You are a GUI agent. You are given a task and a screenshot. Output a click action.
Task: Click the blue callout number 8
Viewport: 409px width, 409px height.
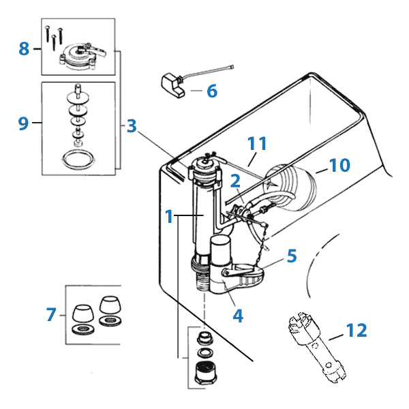(x=25, y=48)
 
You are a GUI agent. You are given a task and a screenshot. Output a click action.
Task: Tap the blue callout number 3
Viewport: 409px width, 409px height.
(x=132, y=125)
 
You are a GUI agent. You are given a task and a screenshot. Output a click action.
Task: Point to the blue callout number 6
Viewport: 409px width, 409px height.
(x=211, y=89)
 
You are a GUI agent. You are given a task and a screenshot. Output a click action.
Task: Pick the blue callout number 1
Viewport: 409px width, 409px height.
(x=168, y=216)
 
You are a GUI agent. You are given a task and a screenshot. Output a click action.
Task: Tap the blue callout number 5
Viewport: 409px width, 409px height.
(x=292, y=256)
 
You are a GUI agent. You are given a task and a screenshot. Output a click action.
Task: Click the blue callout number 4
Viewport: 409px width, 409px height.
(x=238, y=316)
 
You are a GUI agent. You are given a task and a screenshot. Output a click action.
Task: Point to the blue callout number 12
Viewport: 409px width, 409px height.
(x=357, y=331)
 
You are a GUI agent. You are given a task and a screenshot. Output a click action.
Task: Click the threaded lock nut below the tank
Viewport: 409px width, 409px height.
(x=203, y=374)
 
